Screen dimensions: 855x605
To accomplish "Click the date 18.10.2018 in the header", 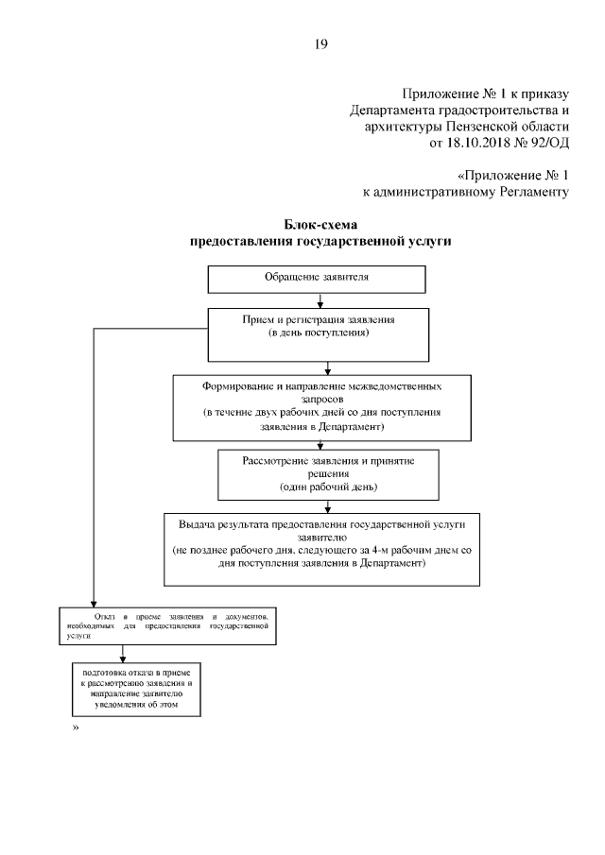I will tap(475, 143).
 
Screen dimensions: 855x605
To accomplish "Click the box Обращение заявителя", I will tap(316, 279).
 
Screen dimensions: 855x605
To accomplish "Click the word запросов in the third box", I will tap(321, 400).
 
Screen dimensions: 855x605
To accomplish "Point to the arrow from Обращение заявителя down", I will tap(321, 299).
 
